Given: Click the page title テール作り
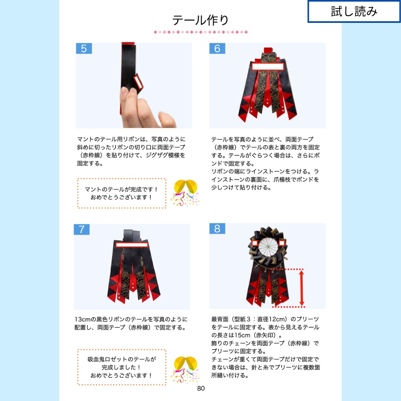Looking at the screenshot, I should point(200,20).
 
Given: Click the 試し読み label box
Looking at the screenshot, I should point(354,12).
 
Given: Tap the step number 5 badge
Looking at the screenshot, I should point(84,49).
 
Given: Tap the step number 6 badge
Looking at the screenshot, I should point(217,49).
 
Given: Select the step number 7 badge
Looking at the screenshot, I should point(81,229).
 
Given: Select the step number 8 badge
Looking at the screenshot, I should point(217,229).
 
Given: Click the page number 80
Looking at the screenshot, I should point(201,388).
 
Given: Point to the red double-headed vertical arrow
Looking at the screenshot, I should point(302,288).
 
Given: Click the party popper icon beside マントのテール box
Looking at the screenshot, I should point(184,193).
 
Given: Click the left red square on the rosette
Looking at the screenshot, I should point(254,243).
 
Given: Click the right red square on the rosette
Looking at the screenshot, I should point(282,243).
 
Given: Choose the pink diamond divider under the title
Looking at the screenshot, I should point(200,32).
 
